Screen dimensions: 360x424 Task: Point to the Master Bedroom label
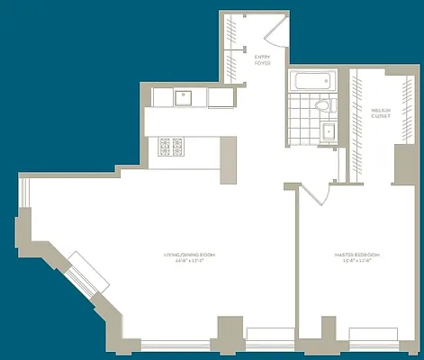point(359,256)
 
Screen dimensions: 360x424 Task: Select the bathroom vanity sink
point(328,132)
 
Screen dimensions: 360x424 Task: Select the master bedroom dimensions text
point(359,263)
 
